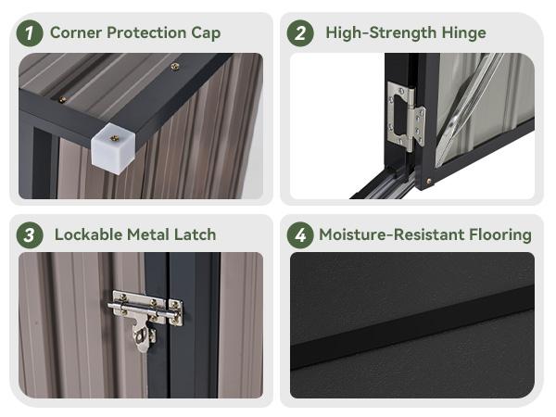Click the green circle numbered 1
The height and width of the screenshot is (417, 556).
click(x=30, y=33)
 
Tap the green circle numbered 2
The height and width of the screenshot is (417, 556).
click(x=300, y=33)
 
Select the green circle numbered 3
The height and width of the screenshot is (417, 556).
click(x=30, y=235)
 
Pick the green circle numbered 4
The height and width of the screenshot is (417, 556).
click(x=300, y=235)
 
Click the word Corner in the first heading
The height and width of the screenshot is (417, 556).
click(x=76, y=32)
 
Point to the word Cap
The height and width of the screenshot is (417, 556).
click(x=206, y=33)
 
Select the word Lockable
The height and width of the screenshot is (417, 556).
click(x=89, y=234)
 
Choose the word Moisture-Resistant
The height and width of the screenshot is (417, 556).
click(x=392, y=234)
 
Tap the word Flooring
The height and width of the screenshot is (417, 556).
click(x=500, y=235)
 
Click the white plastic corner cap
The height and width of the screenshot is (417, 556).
click(x=113, y=148)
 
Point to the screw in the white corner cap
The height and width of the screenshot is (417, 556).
click(x=114, y=138)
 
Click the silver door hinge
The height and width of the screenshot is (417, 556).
click(x=407, y=117)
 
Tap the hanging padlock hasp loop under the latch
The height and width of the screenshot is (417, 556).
click(x=143, y=337)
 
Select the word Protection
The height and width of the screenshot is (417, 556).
click(x=146, y=32)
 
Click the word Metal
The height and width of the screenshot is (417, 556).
click(x=148, y=234)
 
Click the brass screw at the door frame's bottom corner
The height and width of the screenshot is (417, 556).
click(x=429, y=182)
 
